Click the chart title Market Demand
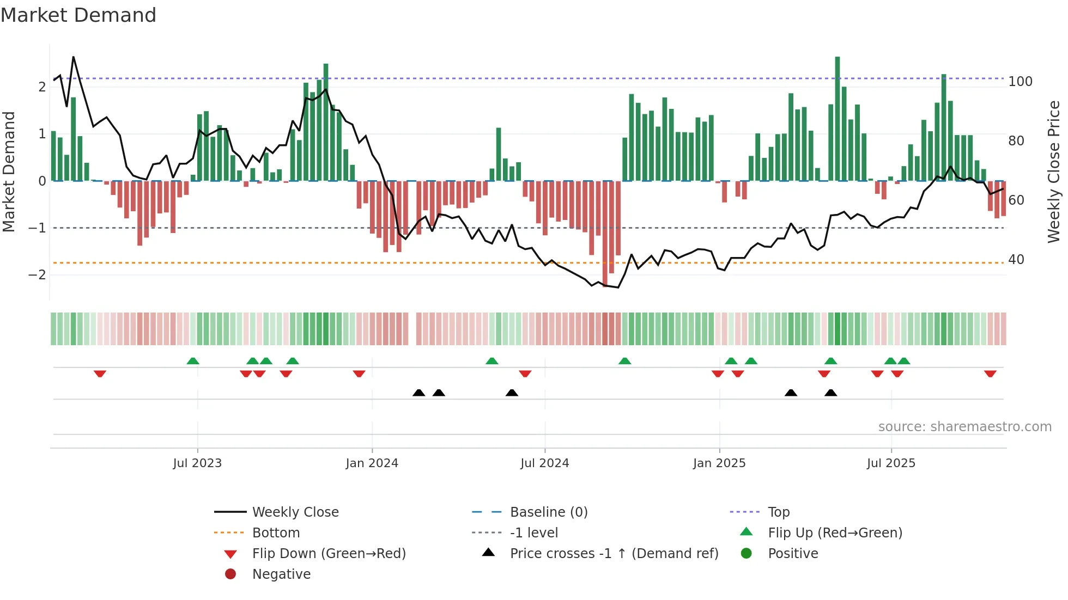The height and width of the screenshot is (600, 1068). tap(78, 15)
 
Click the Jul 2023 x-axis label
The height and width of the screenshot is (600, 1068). tap(197, 463)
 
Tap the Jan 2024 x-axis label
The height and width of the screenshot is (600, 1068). tap(372, 463)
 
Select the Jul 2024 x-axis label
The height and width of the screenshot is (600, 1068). tap(545, 463)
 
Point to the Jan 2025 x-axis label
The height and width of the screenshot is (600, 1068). tap(719, 463)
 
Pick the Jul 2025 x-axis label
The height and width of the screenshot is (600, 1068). tap(891, 463)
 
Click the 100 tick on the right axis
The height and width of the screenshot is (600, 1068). tap(1020, 82)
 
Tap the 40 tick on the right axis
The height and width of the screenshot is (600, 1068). tap(1016, 260)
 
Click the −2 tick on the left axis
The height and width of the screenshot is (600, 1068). tap(38, 274)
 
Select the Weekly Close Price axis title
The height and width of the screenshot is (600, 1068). tap(1054, 172)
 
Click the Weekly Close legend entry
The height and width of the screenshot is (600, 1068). tap(295, 512)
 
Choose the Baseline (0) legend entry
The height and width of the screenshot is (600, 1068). tap(548, 512)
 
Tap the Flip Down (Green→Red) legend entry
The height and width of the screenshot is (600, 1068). tap(329, 554)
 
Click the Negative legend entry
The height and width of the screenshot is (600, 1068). tap(281, 574)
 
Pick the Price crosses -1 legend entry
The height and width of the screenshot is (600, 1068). tap(614, 554)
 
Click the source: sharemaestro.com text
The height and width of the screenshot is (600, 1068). tap(964, 427)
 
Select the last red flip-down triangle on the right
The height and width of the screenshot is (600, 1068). tap(990, 374)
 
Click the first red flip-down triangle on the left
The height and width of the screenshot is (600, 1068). tap(100, 374)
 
